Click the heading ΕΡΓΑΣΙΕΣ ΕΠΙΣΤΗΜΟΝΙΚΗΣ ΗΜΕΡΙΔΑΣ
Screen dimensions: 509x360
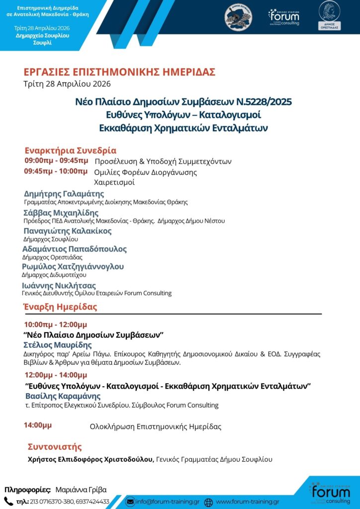point(119,72)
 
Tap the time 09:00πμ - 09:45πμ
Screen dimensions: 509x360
point(57,161)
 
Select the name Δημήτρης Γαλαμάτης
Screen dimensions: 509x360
point(64,193)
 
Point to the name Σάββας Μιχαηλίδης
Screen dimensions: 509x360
point(61,213)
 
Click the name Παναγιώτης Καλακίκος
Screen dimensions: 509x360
point(68,231)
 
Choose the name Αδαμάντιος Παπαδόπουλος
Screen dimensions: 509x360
point(75,249)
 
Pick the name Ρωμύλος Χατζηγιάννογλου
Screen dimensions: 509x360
point(73,266)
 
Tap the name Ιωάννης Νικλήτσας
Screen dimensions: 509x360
point(59,285)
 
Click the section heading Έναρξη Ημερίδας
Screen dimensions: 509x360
point(60,307)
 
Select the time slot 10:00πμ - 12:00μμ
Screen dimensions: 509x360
point(55,324)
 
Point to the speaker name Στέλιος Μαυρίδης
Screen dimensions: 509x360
point(58,345)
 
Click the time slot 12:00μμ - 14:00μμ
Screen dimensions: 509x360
point(56,375)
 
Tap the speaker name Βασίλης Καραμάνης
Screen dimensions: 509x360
point(63,396)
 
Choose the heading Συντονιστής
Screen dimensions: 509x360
point(55,447)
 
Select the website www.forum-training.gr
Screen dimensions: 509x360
point(247,502)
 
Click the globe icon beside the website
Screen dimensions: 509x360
point(209,502)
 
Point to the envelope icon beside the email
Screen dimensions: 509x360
point(130,502)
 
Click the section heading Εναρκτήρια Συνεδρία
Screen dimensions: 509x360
point(70,150)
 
